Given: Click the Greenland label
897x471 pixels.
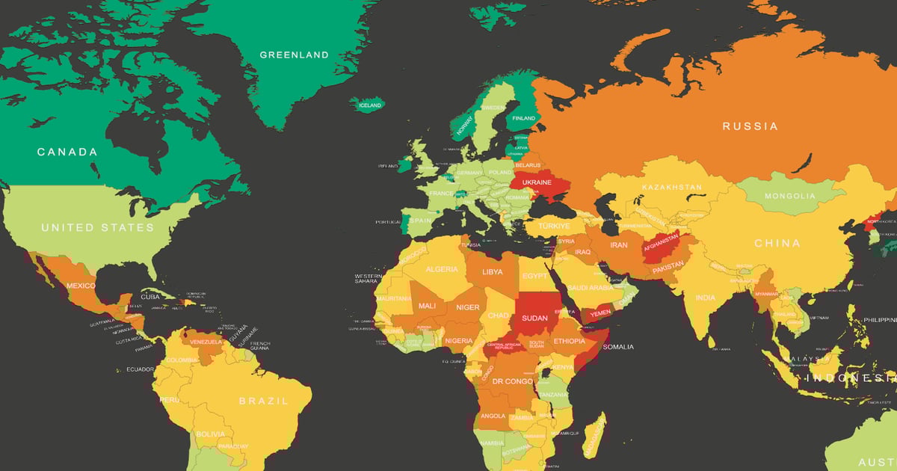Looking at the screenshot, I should [294, 55].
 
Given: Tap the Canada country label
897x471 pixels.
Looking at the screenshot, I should [68, 152].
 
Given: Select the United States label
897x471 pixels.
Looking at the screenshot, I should [97, 227].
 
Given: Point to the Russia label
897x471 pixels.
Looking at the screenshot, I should [750, 126].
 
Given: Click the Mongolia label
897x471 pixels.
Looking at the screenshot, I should [790, 196].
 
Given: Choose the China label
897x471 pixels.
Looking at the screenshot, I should [777, 243].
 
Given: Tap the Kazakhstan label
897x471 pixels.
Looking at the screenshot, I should [671, 187].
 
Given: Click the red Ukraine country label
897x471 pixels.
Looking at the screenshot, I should [537, 182].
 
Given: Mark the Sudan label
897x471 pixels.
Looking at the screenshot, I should [535, 317].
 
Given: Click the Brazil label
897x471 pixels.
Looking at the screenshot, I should [263, 401].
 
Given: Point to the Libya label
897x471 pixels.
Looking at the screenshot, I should [493, 272].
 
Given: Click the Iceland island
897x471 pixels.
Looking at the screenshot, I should [369, 105].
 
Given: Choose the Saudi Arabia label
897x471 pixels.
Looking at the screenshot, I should [590, 288].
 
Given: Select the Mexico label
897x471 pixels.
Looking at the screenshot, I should [81, 286].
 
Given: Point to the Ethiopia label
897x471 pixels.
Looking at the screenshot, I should [570, 341].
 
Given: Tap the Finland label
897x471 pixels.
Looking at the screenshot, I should [524, 118].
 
